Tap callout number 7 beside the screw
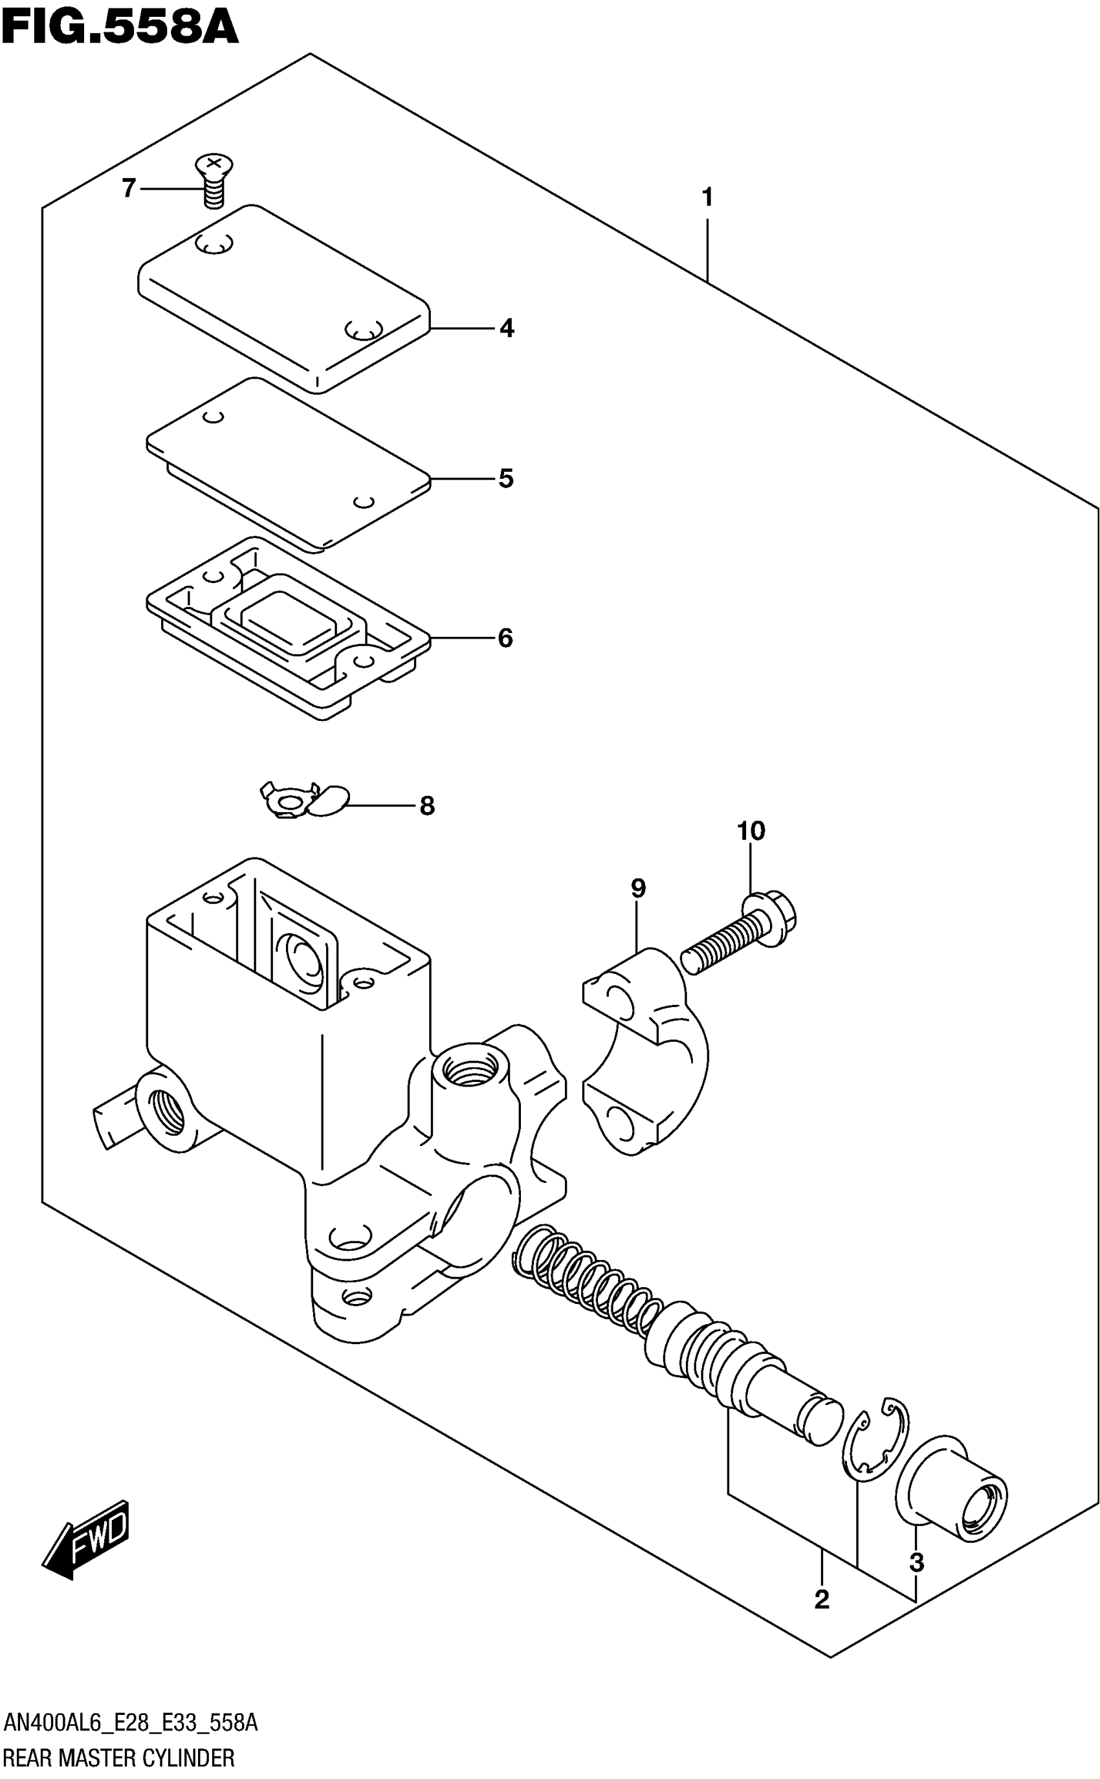point(129,188)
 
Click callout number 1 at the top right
point(707,197)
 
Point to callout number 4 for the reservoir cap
point(507,328)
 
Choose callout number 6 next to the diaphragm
point(505,638)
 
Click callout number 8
point(427,806)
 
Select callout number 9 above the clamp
point(638,888)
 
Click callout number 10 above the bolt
point(751,830)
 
